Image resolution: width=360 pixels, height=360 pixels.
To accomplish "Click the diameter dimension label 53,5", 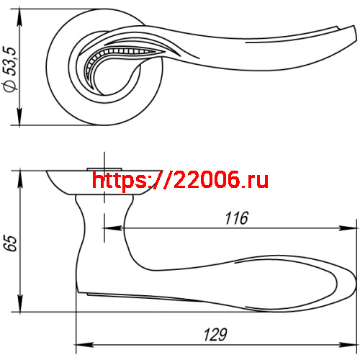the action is click(11, 60).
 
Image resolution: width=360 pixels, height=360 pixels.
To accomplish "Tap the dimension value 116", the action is click(236, 218).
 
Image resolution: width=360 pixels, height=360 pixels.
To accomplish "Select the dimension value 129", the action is click(215, 334).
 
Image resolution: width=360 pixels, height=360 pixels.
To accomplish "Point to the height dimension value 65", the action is click(12, 243).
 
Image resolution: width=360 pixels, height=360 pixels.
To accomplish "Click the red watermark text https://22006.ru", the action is click(180, 180).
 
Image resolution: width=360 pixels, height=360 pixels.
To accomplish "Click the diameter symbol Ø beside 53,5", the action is click(10, 86).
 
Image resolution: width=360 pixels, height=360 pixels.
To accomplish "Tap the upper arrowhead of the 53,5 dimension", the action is click(19, 17).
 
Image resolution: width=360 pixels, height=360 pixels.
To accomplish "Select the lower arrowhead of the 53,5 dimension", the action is click(19, 117).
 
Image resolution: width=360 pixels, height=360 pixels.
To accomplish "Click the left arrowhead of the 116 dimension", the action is click(113, 228).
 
